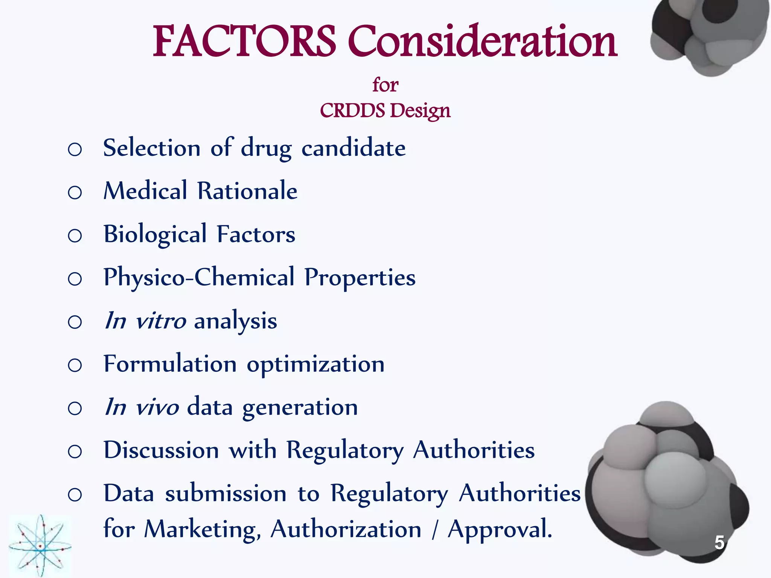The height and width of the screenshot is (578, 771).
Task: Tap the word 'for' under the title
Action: click(385, 85)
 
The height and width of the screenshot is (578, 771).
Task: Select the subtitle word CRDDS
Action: click(352, 111)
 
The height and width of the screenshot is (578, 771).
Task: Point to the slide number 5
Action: click(719, 543)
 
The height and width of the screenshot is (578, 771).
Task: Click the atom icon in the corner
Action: click(40, 546)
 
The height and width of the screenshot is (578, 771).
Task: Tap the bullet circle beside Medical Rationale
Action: click(75, 192)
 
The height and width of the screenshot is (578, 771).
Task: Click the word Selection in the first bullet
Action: click(152, 148)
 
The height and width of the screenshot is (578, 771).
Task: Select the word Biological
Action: click(155, 234)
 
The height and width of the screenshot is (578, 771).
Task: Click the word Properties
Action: click(360, 278)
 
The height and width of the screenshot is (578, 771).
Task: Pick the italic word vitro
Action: click(161, 321)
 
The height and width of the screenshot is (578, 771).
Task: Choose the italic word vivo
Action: click(157, 407)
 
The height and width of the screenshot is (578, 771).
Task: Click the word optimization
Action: click(315, 364)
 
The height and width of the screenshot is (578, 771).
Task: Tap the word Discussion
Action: click(161, 450)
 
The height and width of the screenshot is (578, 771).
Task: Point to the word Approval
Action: click(500, 529)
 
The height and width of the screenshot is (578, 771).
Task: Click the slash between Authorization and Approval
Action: click(435, 529)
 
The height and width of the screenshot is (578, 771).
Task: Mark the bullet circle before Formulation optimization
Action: click(75, 365)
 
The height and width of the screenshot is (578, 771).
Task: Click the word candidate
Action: click(354, 148)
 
